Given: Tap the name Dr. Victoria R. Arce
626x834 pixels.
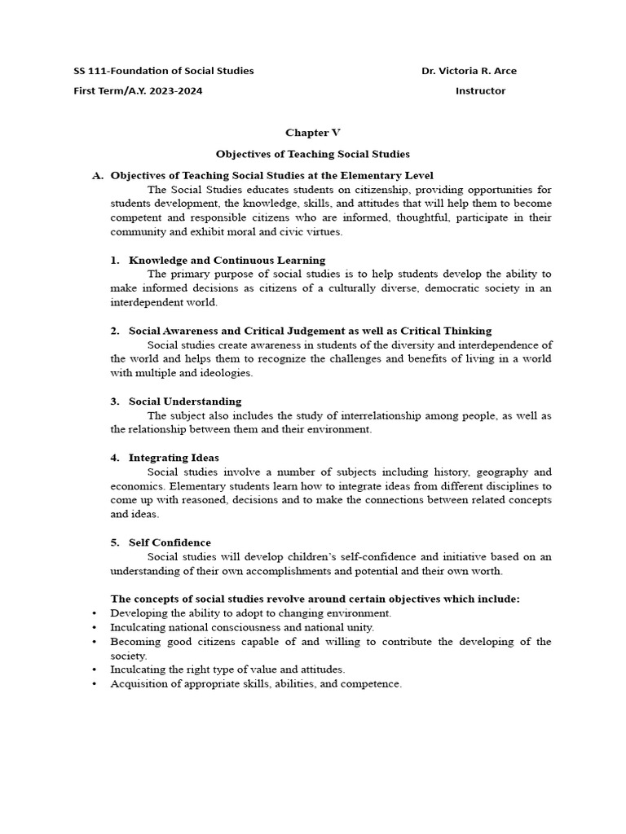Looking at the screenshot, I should [x=469, y=71].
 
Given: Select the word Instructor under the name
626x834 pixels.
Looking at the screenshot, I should [x=480, y=91].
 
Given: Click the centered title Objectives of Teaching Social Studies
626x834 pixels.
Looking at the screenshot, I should [x=312, y=153].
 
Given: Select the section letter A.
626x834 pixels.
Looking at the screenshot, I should [x=99, y=175].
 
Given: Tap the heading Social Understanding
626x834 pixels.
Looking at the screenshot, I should [x=185, y=402].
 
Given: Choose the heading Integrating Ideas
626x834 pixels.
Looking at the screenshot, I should [x=174, y=458].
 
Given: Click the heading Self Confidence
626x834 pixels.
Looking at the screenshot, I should [x=170, y=542].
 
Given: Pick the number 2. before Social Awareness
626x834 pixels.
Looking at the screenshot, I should [x=115, y=331].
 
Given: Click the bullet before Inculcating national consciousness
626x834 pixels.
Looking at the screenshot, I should [x=95, y=628].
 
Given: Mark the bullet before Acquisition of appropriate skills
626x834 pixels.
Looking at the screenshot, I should [x=95, y=684].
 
